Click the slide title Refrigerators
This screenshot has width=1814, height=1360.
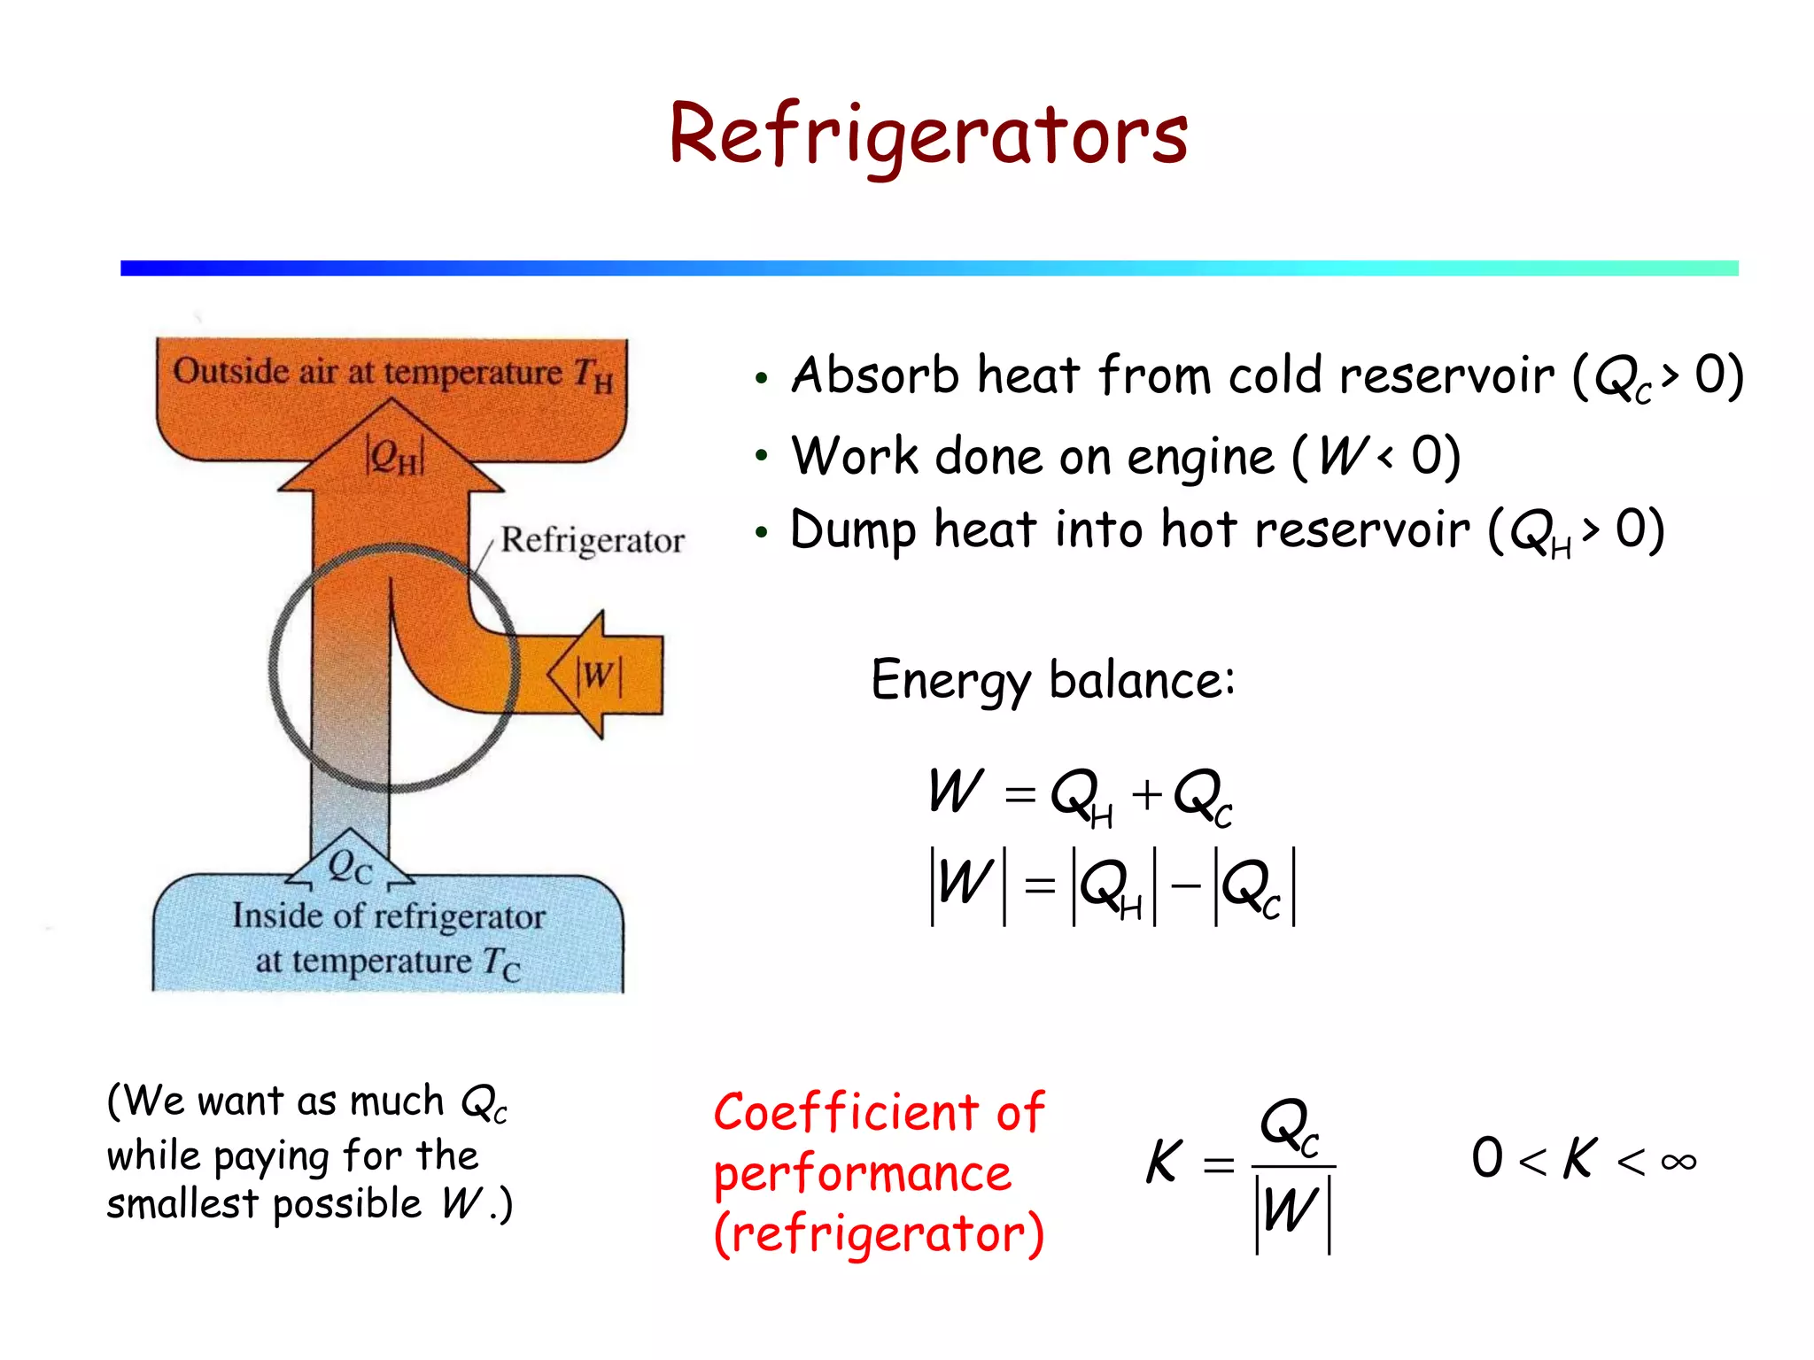pos(927,135)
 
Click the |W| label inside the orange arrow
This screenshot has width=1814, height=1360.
pos(599,676)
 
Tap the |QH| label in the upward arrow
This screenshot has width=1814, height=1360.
pos(395,457)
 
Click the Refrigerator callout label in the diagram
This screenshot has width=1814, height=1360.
pos(593,540)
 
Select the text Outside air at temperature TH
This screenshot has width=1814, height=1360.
pos(392,373)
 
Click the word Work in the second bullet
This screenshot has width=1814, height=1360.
pos(855,457)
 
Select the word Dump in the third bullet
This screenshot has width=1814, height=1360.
pos(853,531)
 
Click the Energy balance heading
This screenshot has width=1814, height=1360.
pos(1052,680)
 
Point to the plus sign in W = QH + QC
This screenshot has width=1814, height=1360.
pos(1147,793)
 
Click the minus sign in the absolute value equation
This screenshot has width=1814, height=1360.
pos(1185,885)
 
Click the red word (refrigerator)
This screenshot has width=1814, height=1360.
pos(879,1233)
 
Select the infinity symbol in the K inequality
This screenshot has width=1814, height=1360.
pos(1678,1162)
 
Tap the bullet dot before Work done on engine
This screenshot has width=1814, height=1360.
pos(761,457)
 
